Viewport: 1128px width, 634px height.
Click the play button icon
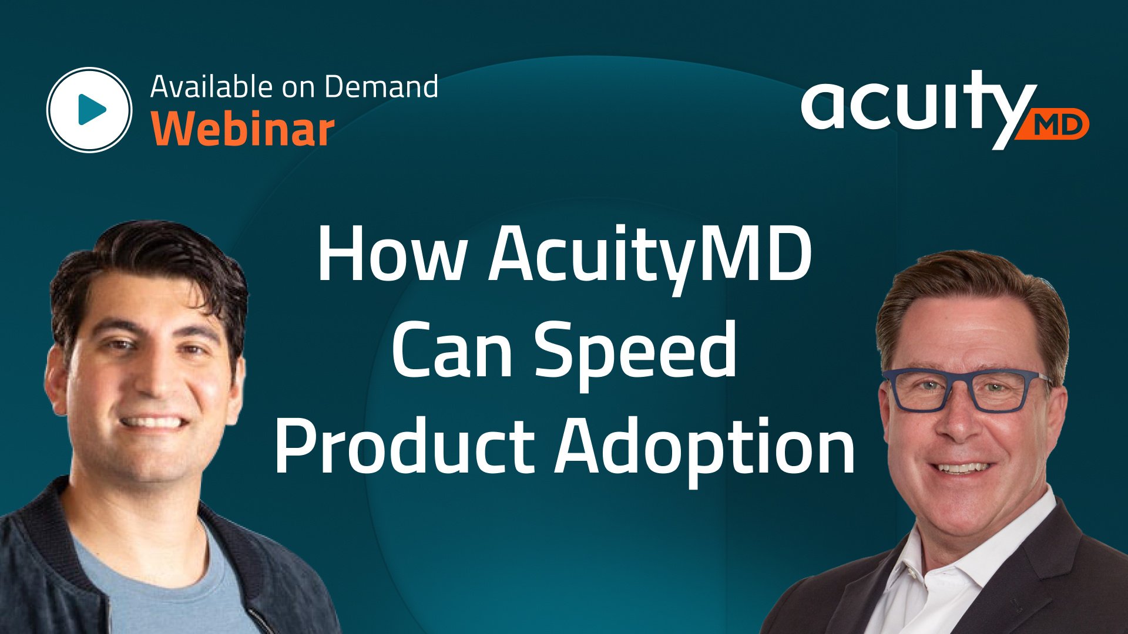point(89,110)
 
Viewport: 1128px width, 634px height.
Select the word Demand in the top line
point(381,87)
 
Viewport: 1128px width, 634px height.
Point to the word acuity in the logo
point(911,106)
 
